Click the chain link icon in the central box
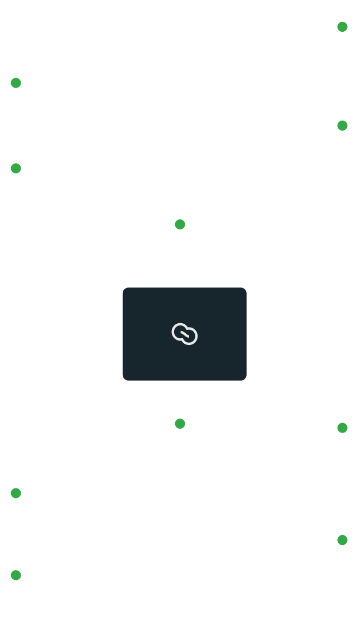tap(184, 334)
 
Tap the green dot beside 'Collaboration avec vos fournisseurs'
tap(16, 83)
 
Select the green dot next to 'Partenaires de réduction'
tap(16, 169)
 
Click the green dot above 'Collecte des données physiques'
tap(180, 224)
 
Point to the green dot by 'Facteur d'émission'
tap(343, 27)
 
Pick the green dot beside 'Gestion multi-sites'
tap(343, 126)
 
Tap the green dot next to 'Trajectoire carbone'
tap(180, 424)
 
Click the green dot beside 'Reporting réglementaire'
tap(343, 428)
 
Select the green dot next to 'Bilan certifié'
tap(343, 540)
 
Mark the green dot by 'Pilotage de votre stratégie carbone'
tap(16, 493)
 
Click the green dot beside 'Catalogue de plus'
tap(16, 575)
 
